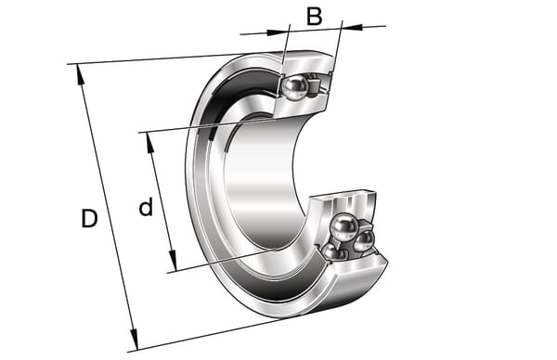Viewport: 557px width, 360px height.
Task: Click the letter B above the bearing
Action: point(315,17)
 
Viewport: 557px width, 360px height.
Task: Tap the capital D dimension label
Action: point(89,218)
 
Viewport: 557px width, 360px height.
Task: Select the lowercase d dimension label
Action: point(146,206)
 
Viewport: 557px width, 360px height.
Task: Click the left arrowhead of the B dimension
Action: point(277,32)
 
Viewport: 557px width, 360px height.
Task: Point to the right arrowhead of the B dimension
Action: point(353,27)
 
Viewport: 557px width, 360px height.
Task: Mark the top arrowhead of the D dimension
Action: point(80,74)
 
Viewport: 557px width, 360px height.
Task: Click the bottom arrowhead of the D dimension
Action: point(134,339)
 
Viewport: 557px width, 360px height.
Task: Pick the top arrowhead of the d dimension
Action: point(149,143)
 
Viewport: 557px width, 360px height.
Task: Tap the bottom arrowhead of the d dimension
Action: point(173,260)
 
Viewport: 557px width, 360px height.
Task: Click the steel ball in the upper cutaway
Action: point(295,87)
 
